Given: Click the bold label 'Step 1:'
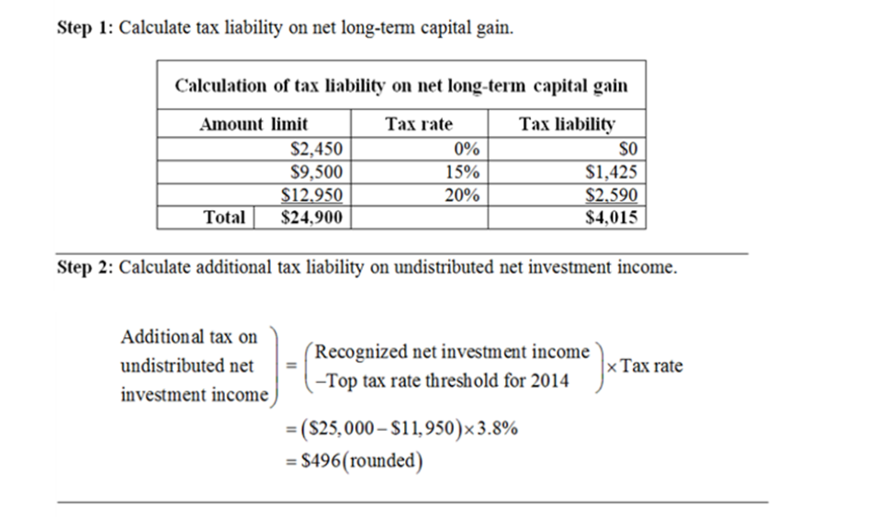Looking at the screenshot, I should [x=85, y=28].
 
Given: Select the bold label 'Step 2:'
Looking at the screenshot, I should [x=85, y=267].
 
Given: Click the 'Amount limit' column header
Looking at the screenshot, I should [x=253, y=124].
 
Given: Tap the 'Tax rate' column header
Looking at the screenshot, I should [x=419, y=124].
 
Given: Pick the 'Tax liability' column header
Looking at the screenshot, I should [x=567, y=124].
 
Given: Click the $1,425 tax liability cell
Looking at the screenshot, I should [x=612, y=171].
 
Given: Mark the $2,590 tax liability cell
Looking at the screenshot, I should [x=612, y=195].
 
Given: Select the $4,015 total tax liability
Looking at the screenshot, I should [x=612, y=218].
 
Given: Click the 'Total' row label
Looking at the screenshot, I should [x=224, y=218].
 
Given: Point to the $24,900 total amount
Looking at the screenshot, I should [x=311, y=218].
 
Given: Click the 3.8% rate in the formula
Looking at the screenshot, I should [x=498, y=427].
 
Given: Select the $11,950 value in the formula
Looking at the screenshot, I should [x=425, y=427].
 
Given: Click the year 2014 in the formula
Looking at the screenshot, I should [x=549, y=380].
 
